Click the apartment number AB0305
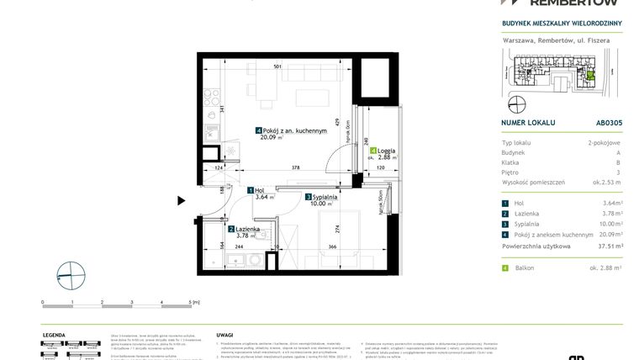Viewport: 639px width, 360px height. (x=610, y=122)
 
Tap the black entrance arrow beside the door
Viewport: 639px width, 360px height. (x=181, y=200)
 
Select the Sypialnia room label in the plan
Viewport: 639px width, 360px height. (x=325, y=195)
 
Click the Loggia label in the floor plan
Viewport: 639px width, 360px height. (x=386, y=151)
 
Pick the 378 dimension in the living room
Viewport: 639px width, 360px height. (x=295, y=168)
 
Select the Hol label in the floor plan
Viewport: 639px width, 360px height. (x=261, y=191)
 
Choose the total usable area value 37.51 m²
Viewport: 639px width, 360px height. (x=608, y=246)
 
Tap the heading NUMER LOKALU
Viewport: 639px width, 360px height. (x=528, y=122)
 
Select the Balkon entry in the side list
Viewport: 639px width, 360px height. (x=525, y=267)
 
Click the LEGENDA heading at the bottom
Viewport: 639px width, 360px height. (x=54, y=334)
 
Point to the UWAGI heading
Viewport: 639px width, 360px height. (x=224, y=334)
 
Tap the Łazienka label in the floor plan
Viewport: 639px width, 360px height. (x=246, y=229)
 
